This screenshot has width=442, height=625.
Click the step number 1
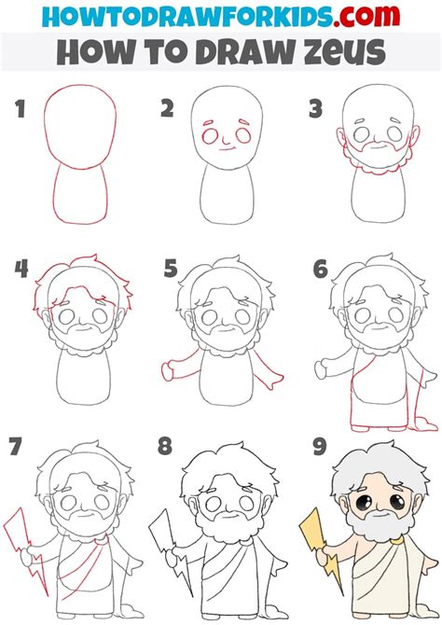coord(21,110)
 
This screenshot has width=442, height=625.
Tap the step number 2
coord(168,110)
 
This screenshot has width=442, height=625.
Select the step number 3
coord(316,110)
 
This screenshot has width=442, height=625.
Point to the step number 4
coord(21,271)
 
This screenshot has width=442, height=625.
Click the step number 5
coord(170,271)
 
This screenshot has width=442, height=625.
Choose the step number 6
coord(320,271)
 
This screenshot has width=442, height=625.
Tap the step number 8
coord(165,447)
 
